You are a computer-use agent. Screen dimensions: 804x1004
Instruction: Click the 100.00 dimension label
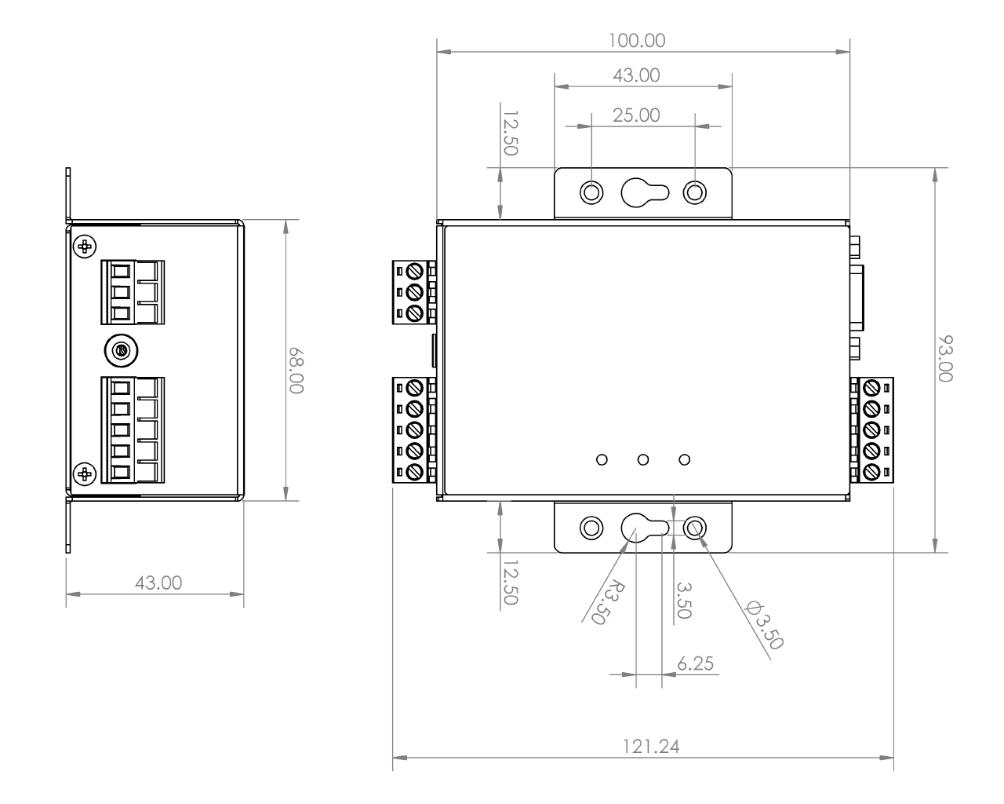tap(642, 40)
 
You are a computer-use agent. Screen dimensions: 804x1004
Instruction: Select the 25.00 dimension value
tap(635, 115)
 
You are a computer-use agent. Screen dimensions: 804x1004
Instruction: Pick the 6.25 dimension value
tap(695, 663)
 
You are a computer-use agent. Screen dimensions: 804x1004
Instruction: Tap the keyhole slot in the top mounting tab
tap(643, 192)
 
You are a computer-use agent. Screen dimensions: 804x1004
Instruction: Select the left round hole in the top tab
tap(591, 192)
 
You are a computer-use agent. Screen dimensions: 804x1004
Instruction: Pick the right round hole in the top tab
tap(695, 192)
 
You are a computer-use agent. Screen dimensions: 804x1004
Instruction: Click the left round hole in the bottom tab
tap(591, 527)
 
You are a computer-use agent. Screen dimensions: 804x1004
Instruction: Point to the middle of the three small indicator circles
tap(643, 459)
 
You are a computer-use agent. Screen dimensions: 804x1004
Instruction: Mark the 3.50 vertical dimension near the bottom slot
tap(682, 601)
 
